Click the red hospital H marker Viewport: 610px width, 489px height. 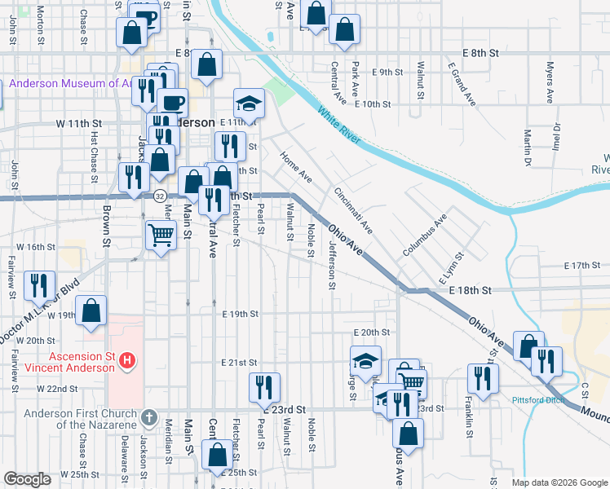tap(127, 359)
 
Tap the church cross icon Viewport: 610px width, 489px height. tap(148, 418)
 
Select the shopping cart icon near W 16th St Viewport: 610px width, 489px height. tap(161, 236)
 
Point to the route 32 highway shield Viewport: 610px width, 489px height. tap(160, 196)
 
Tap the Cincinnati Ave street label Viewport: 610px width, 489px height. tap(353, 210)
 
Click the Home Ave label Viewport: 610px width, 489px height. tap(294, 166)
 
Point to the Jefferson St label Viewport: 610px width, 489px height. tap(332, 264)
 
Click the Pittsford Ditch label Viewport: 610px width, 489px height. tap(537, 399)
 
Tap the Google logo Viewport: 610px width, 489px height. tap(27, 479)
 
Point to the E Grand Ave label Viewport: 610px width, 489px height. tap(462, 83)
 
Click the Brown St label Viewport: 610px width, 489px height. tap(107, 225)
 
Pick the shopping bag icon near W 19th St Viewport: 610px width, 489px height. tap(91, 311)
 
